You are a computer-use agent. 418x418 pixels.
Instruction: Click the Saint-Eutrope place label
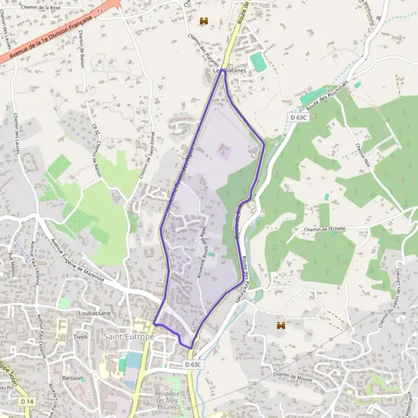pos(128,336)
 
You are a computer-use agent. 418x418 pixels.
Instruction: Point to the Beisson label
pos(72,378)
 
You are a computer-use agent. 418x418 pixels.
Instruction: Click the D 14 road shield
pos(27,402)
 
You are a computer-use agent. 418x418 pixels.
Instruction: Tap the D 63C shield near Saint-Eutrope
pos(194,364)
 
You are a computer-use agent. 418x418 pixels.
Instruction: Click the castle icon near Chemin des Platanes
pos(204,22)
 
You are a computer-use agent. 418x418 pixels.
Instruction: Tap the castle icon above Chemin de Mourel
pos(281,325)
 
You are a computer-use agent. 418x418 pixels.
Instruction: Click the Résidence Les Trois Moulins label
pos(167,400)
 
